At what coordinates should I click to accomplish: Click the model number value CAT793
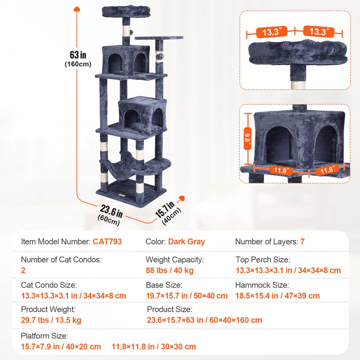pyautogui.click(x=107, y=242)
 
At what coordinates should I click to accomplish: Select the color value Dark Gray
pyautogui.click(x=186, y=242)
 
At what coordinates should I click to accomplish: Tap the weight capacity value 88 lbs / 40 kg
pyautogui.click(x=170, y=270)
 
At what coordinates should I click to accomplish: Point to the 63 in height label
pyautogui.click(x=78, y=55)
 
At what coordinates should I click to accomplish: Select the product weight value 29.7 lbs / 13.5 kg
pyautogui.click(x=51, y=320)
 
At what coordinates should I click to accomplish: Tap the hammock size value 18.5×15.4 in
pyautogui.click(x=277, y=296)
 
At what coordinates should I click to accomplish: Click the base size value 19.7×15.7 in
pyautogui.click(x=186, y=296)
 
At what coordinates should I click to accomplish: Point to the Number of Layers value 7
pyautogui.click(x=302, y=242)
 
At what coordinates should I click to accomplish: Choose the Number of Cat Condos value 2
pyautogui.click(x=23, y=270)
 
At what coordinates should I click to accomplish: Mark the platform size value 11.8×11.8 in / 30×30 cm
pyautogui.click(x=154, y=347)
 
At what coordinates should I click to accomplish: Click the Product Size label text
pyautogui.click(x=170, y=309)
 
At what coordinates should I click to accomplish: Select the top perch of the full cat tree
pyautogui.click(x=126, y=11)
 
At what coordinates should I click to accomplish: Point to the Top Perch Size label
pyautogui.click(x=263, y=260)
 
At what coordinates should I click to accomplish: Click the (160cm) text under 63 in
pyautogui.click(x=78, y=64)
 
